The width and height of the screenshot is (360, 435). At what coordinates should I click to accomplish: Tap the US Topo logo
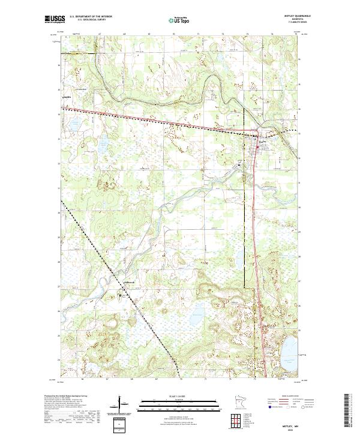[x=180, y=20]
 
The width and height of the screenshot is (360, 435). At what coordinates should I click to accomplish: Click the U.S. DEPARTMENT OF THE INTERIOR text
[x=91, y=17]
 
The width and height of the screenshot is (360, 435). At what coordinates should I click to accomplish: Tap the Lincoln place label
[x=67, y=95]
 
